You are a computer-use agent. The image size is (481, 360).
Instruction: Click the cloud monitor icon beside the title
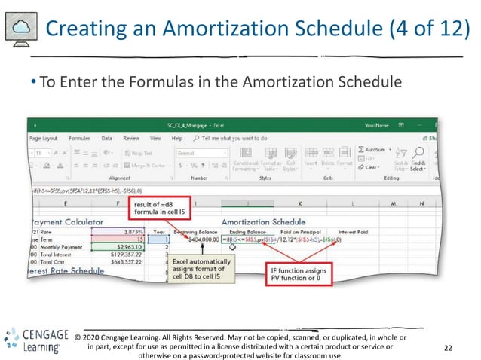(20, 29)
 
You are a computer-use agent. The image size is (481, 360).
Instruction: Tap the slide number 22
(449, 348)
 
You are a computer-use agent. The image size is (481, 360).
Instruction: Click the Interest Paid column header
(354, 232)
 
